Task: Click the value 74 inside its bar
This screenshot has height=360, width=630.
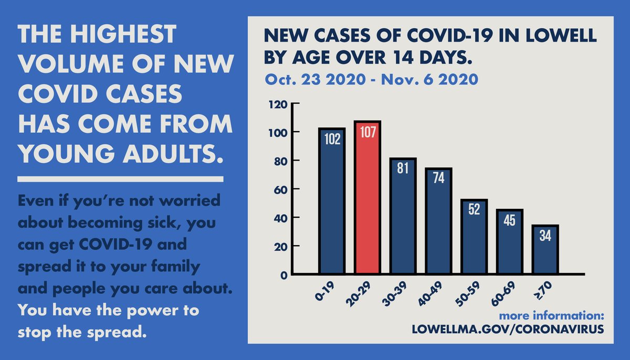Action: (438, 178)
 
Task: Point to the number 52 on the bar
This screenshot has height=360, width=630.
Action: (474, 209)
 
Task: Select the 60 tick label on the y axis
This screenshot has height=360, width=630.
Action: (280, 189)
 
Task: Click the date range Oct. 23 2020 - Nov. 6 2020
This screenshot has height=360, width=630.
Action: (372, 80)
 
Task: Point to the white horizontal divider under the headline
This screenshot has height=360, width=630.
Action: (121, 179)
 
